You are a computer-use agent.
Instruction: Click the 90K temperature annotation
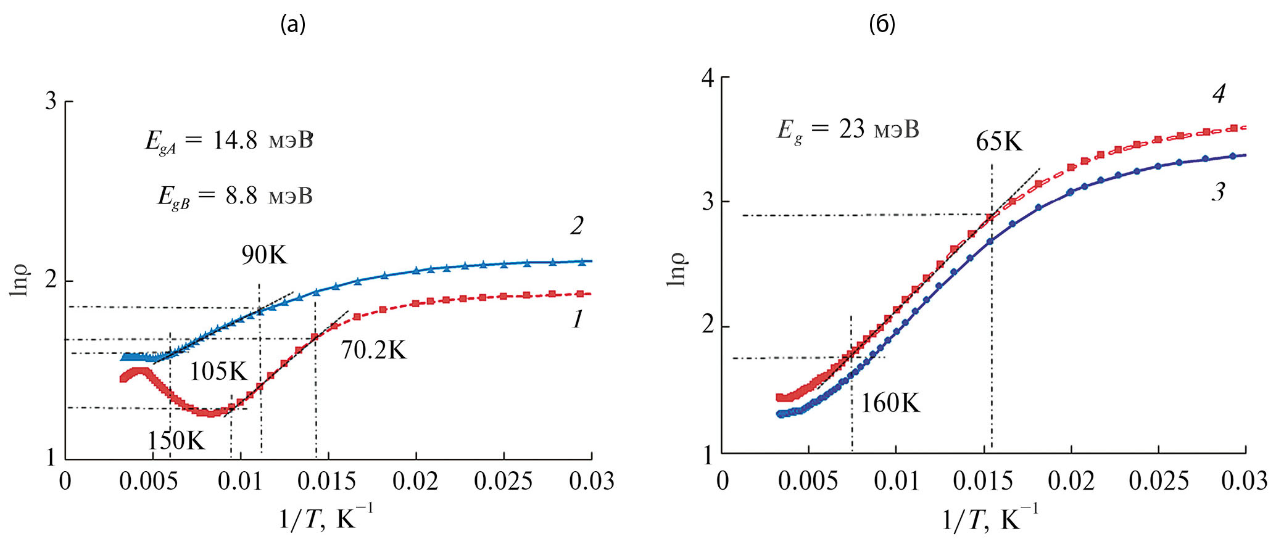[x=264, y=255]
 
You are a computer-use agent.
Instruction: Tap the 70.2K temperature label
[x=373, y=350]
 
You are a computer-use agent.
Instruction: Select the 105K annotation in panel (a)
[x=218, y=371]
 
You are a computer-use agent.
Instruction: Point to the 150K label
[x=176, y=440]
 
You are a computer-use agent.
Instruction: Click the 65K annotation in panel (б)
[x=999, y=142]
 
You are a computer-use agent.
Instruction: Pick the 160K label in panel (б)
[x=890, y=403]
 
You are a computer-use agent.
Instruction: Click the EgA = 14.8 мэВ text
[x=229, y=141]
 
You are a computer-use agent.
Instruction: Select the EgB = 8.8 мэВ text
[x=235, y=196]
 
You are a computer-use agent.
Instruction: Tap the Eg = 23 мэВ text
[x=848, y=130]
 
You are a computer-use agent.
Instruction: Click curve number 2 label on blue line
[x=576, y=226]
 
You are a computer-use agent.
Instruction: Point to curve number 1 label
[x=577, y=319]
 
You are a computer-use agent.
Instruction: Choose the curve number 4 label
[x=1218, y=94]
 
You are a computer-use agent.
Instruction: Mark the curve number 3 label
[x=1217, y=192]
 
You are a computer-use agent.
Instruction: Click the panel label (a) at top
[x=292, y=25]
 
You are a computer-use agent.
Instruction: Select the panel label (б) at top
[x=882, y=25]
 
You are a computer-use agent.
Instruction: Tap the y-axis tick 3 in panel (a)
[x=51, y=102]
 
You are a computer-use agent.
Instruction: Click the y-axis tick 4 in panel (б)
[x=707, y=78]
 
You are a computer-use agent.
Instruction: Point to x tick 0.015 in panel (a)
[x=328, y=482]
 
